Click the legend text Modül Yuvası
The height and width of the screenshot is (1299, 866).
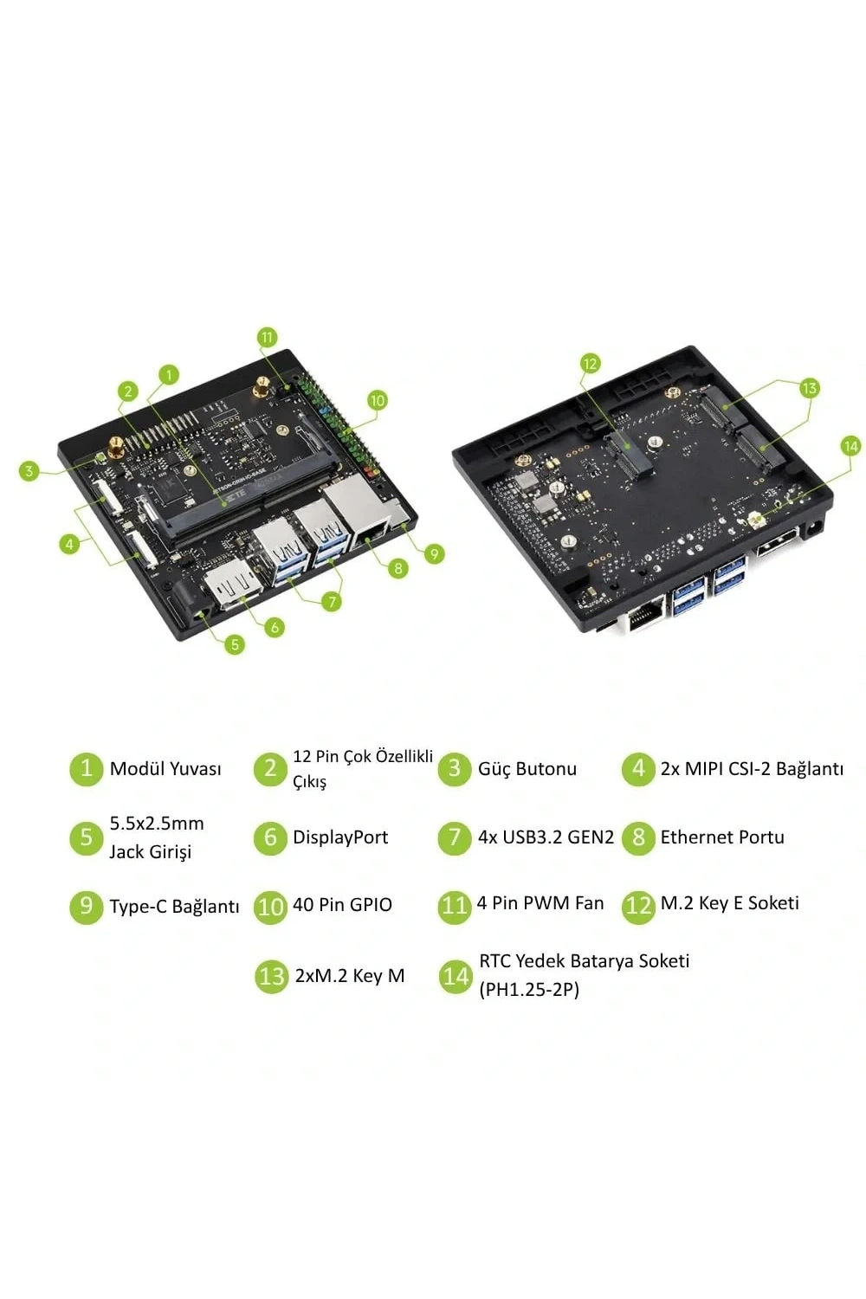165,769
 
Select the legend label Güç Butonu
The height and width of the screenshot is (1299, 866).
527,769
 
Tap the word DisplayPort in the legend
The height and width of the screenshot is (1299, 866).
340,837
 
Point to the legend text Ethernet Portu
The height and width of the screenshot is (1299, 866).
722,837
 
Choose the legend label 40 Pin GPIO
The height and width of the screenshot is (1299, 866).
342,905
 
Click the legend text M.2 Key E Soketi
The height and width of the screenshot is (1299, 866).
730,903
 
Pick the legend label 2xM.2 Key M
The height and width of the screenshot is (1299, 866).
350,976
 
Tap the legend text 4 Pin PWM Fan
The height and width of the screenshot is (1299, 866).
540,903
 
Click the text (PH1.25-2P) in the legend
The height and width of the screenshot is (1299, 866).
529,989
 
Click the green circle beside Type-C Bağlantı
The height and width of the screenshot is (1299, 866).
86,906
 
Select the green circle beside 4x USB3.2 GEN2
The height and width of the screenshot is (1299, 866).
454,837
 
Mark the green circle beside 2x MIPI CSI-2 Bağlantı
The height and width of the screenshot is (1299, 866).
638,769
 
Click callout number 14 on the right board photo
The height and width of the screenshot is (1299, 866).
850,447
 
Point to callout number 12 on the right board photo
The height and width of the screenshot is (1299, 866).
590,364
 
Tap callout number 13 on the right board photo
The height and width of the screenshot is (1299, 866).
809,387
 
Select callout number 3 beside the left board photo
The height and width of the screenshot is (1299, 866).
29,470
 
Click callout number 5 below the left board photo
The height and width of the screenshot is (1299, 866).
235,644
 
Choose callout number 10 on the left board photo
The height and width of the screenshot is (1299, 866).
377,400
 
